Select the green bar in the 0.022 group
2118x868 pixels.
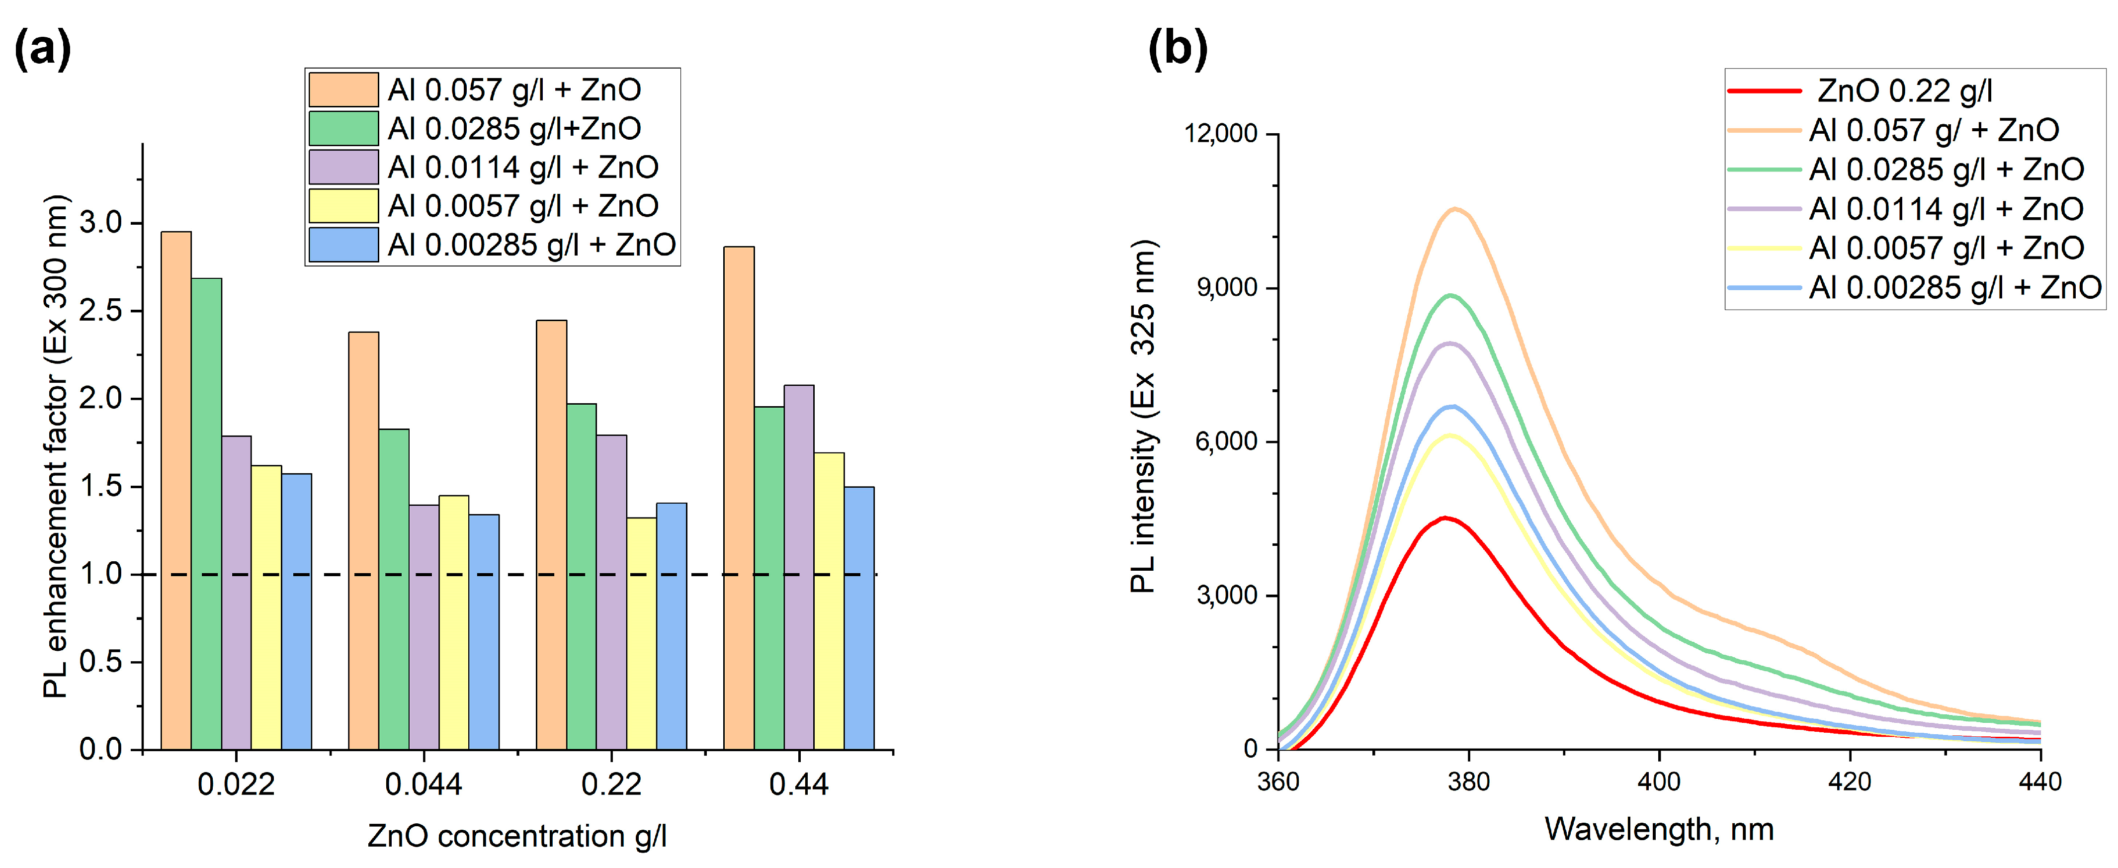pyautogui.click(x=206, y=514)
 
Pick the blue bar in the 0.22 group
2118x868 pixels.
pyautogui.click(x=671, y=625)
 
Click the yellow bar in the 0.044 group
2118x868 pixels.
pyautogui.click(x=454, y=622)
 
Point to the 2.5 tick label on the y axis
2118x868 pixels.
pyautogui.click(x=101, y=311)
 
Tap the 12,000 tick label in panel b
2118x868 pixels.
pyautogui.click(x=1220, y=133)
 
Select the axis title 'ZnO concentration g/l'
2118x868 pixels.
pyautogui.click(x=516, y=836)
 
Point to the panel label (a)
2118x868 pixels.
pyautogui.click(x=43, y=49)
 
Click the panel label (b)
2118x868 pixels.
pyautogui.click(x=1178, y=49)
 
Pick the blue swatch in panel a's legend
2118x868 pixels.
pyautogui.click(x=343, y=245)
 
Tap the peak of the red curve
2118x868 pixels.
pyautogui.click(x=1444, y=518)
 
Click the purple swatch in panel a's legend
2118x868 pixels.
pyautogui.click(x=343, y=168)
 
